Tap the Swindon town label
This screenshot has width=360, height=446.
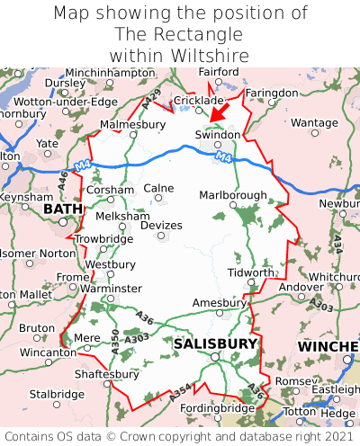pyautogui.click(x=218, y=134)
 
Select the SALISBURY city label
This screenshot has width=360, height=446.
pyautogui.click(x=215, y=343)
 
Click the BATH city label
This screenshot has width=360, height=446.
pyautogui.click(x=62, y=209)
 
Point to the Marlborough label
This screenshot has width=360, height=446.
pyautogui.click(x=232, y=195)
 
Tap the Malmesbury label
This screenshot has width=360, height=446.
pyautogui.click(x=133, y=124)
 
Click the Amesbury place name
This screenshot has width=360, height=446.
pyautogui.click(x=220, y=303)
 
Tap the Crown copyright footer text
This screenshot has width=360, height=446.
pyautogui.click(x=180, y=434)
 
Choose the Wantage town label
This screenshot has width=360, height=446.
pyautogui.click(x=314, y=122)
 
